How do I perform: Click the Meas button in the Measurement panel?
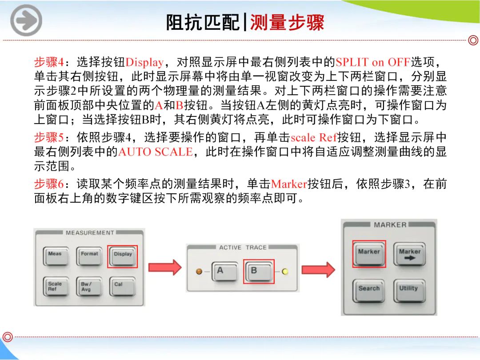click(x=56, y=256)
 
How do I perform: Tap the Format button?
click(x=89, y=256)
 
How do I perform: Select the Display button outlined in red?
click(x=123, y=256)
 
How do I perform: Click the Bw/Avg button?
click(x=88, y=287)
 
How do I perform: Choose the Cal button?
click(x=122, y=287)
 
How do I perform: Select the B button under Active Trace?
click(x=258, y=271)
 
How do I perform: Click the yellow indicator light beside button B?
click(x=284, y=271)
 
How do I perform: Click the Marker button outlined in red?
click(x=369, y=254)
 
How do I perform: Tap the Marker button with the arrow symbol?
click(x=409, y=254)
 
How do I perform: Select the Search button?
click(x=369, y=290)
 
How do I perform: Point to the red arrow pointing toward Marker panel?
click(x=318, y=269)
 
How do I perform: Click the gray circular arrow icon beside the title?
click(x=26, y=20)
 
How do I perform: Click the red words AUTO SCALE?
click(x=156, y=152)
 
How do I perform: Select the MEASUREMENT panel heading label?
click(x=90, y=232)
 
